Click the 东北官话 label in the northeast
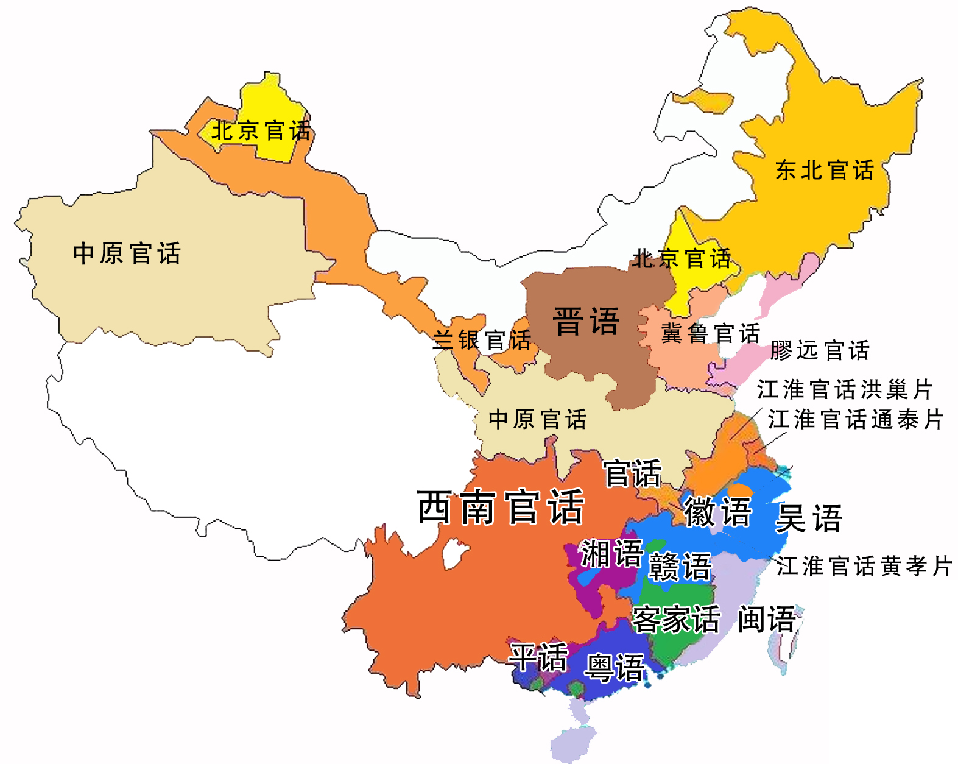[825, 171]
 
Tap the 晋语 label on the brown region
[586, 321]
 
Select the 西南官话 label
[501, 507]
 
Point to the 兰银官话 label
[482, 340]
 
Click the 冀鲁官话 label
[710, 333]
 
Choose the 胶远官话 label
[819, 350]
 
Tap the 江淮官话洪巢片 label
[845, 389]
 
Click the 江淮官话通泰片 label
[855, 419]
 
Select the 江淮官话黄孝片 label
[864, 566]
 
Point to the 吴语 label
[809, 518]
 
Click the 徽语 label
[717, 511]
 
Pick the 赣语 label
[680, 567]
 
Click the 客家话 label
[676, 620]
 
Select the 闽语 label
[766, 620]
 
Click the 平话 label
[538, 657]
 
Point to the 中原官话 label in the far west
[127, 253]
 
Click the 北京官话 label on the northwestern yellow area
[261, 130]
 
